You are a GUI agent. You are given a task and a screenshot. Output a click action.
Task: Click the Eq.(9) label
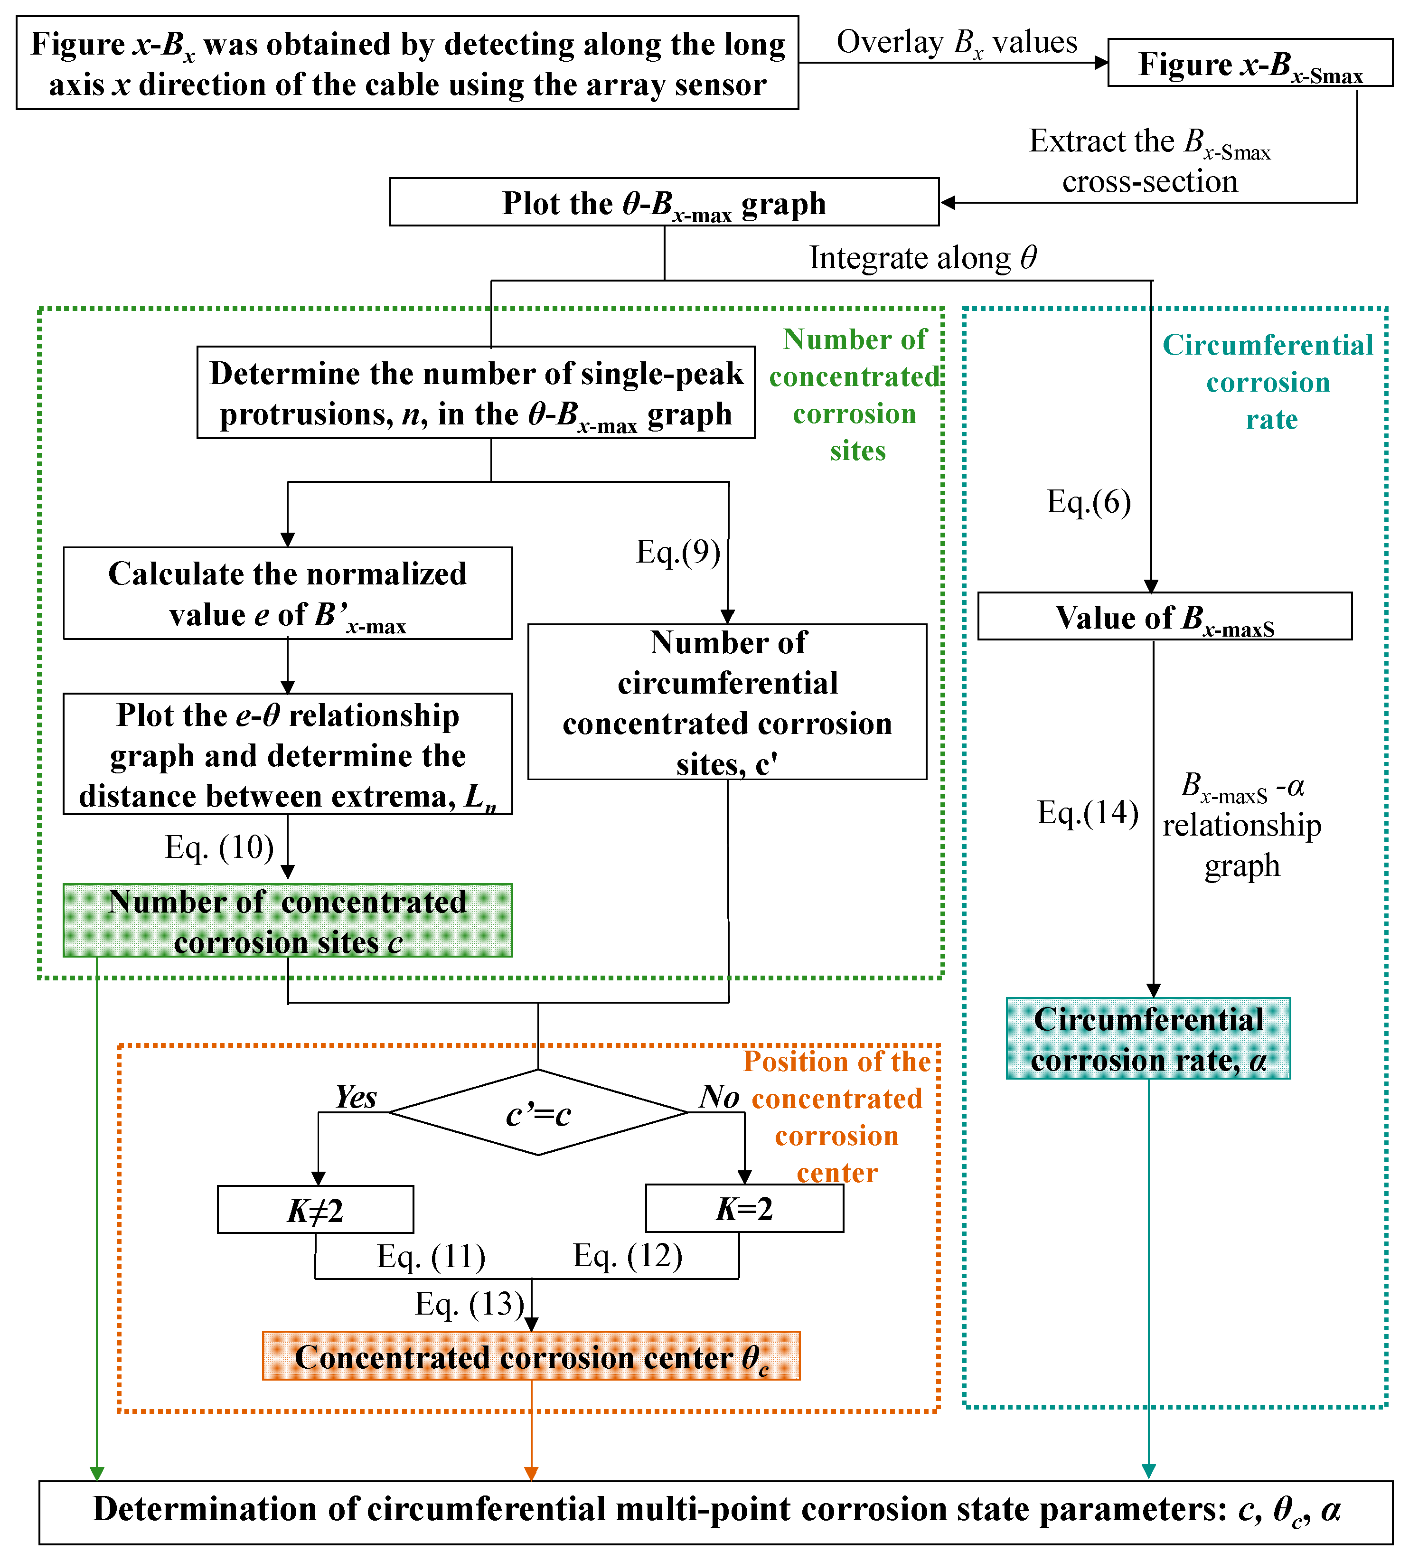pyautogui.click(x=678, y=552)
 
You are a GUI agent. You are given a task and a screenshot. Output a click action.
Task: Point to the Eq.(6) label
pyautogui.click(x=1089, y=502)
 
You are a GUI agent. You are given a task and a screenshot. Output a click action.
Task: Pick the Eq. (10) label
pyautogui.click(x=220, y=847)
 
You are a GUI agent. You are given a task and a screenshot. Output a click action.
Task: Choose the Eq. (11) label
pyautogui.click(x=431, y=1256)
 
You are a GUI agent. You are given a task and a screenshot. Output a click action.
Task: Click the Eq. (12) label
pyautogui.click(x=628, y=1255)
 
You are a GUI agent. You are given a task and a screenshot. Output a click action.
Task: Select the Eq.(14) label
pyautogui.click(x=1088, y=812)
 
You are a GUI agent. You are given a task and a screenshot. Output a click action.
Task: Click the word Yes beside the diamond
pyautogui.click(x=356, y=1096)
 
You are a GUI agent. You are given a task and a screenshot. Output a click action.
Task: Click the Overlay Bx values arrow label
pyautogui.click(x=957, y=43)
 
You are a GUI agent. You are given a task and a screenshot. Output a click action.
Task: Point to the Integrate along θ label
pyautogui.click(x=923, y=258)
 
